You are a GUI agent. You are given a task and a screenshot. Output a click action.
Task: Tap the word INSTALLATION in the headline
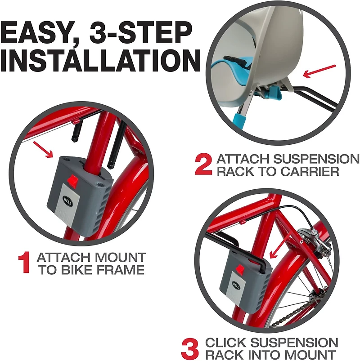100,61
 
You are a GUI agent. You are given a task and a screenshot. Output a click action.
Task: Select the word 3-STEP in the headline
140,32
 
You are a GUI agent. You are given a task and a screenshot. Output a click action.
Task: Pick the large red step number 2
203,165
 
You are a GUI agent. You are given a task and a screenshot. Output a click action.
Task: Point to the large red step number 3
190,348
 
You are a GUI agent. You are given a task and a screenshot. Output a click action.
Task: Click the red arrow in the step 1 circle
43,150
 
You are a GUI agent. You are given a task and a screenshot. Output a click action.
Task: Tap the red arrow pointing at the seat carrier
319,71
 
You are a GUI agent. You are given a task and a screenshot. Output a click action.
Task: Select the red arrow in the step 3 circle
280,246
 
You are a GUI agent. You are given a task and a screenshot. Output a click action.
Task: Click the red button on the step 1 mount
73,180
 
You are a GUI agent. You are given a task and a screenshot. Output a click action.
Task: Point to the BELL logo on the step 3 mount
236,285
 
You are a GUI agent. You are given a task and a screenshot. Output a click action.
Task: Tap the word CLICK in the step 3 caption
225,343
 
